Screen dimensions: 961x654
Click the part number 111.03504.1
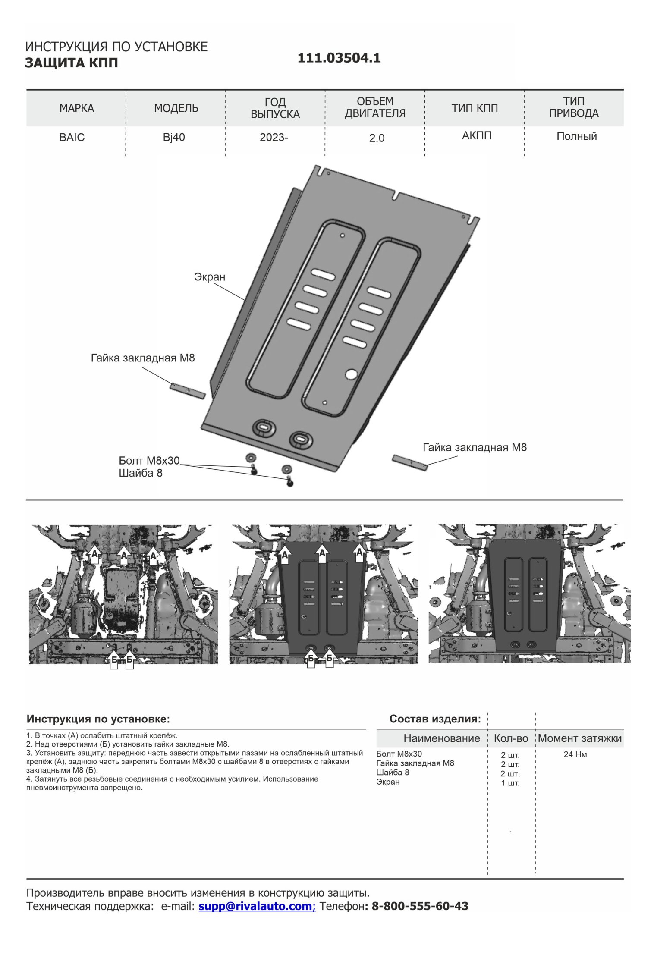click(339, 58)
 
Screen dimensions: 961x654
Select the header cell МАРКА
click(76, 108)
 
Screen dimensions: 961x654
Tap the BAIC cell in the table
click(72, 138)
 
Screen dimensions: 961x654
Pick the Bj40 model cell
click(174, 138)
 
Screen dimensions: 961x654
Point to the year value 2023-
click(274, 138)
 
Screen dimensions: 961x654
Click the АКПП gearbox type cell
click(477, 136)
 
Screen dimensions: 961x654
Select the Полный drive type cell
click(576, 136)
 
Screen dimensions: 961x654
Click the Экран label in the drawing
click(210, 277)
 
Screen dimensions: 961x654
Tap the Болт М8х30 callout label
click(149, 461)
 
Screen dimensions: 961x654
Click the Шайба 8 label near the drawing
click(141, 473)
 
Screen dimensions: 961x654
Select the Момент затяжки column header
click(579, 738)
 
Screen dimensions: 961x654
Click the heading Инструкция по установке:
click(98, 719)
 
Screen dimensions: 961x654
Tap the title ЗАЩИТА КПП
click(72, 63)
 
